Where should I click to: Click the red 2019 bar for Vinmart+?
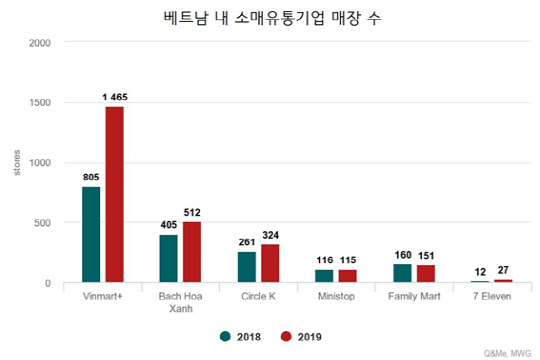tap(114, 195)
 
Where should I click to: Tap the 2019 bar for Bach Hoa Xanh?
tap(193, 252)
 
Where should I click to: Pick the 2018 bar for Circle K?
tap(247, 267)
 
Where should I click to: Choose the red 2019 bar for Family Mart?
tap(427, 274)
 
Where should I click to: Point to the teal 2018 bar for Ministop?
tap(324, 276)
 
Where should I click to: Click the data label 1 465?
tap(113, 97)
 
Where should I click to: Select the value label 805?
tap(91, 177)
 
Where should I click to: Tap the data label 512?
tap(193, 212)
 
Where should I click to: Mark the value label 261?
tap(247, 242)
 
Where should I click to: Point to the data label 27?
tap(502, 270)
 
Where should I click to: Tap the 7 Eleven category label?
tap(491, 298)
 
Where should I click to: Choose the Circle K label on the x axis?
tap(257, 298)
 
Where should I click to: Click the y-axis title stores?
tap(16, 163)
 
